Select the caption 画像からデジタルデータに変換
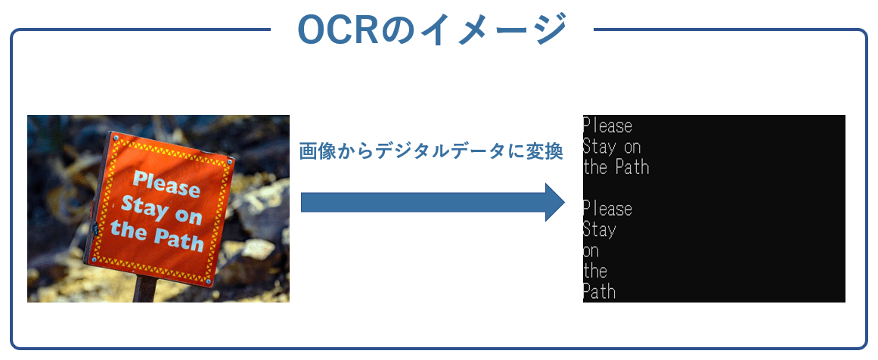pos(431,151)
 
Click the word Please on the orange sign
pos(166,185)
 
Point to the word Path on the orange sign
pos(179,240)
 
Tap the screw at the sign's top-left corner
pos(115,137)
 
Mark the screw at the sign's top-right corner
pos(229,162)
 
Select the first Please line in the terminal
pos(607,126)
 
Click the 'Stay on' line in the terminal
pos(612,146)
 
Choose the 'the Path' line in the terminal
pos(616,167)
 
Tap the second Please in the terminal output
pos(607,208)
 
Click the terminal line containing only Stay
pos(600,229)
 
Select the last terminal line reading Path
pos(600,291)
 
